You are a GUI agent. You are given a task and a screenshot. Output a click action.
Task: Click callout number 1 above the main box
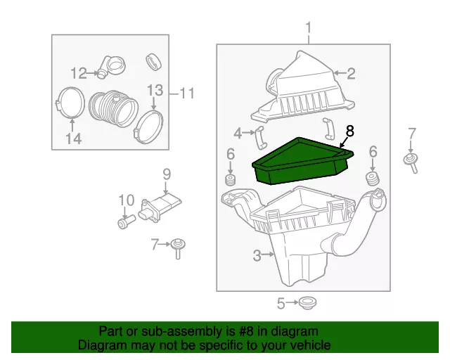point(308,30)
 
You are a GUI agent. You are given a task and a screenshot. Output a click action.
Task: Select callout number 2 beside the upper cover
point(350,72)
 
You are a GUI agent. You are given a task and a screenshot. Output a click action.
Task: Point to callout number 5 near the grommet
point(281,304)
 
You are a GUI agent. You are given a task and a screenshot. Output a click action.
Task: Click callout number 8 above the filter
point(350,131)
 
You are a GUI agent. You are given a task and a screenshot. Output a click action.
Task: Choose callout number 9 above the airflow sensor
point(167,173)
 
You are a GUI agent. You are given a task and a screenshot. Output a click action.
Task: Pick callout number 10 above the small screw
point(125,200)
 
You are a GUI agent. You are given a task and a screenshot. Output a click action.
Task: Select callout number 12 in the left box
point(78,72)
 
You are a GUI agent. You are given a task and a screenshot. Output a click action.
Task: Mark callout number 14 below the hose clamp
point(73,139)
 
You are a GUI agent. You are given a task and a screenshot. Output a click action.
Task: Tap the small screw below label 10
point(125,223)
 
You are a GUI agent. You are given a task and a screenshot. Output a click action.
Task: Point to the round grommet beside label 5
point(305,304)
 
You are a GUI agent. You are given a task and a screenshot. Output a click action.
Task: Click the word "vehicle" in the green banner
point(309,345)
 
